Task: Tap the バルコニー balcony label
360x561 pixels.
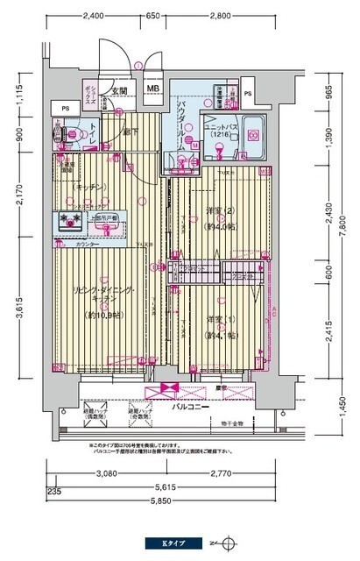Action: [189, 408]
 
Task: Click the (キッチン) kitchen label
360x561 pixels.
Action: [90, 186]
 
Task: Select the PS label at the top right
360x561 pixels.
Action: [248, 94]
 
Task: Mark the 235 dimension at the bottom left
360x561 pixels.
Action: [54, 492]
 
